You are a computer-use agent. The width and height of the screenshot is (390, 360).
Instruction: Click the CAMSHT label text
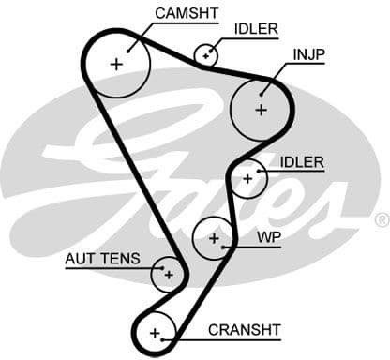click(x=187, y=12)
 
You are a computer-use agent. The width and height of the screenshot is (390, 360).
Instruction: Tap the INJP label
click(x=308, y=54)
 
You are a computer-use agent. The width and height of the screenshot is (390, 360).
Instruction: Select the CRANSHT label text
click(x=244, y=330)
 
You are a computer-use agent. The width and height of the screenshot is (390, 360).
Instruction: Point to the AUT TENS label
click(x=102, y=258)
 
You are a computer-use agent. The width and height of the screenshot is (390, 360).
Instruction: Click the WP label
click(x=268, y=237)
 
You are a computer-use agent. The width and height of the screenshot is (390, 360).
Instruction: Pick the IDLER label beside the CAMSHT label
click(x=256, y=29)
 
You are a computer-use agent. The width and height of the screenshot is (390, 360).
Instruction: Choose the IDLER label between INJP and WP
click(x=302, y=162)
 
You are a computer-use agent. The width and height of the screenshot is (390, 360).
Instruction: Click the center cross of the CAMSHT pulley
click(x=116, y=64)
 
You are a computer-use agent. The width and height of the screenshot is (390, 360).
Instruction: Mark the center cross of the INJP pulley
click(x=261, y=109)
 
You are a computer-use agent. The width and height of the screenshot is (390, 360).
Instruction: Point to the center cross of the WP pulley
click(x=215, y=238)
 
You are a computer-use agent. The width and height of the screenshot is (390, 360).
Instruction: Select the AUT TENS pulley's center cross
click(x=168, y=274)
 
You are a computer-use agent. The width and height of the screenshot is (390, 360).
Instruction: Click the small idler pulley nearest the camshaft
click(x=205, y=55)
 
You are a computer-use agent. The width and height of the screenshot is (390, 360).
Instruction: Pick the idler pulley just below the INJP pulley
click(x=248, y=177)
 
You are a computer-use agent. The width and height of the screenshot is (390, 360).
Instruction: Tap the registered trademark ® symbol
click(x=381, y=219)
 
